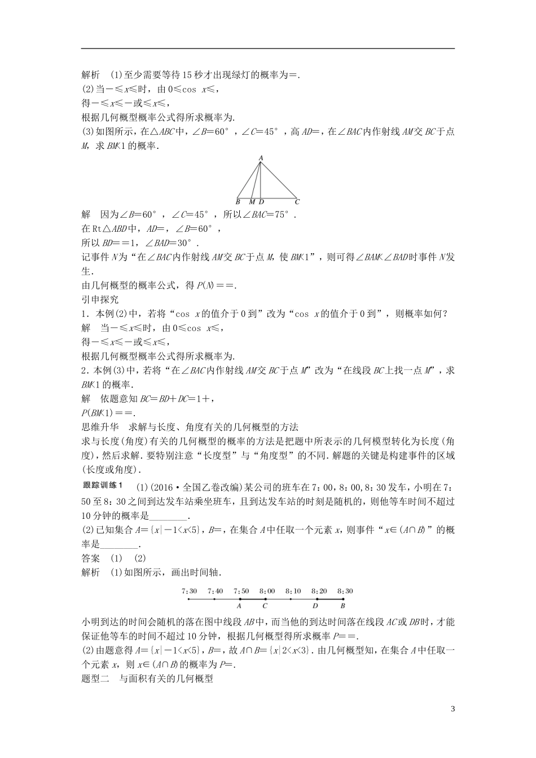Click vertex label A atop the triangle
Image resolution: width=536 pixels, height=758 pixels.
(x=261, y=158)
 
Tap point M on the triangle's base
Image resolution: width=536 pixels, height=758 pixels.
(x=252, y=201)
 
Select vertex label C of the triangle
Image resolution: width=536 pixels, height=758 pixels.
(x=297, y=201)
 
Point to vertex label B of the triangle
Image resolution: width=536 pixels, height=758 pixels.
(x=238, y=201)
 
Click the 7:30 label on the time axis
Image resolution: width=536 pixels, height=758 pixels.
(x=190, y=591)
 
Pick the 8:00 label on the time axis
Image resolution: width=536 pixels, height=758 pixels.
(x=267, y=591)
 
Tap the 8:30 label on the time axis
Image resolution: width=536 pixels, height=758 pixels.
(x=345, y=591)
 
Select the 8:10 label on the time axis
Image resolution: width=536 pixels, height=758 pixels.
(x=293, y=591)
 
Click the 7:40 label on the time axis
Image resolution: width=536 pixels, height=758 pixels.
(x=216, y=591)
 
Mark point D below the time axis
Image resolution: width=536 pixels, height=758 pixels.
(x=315, y=606)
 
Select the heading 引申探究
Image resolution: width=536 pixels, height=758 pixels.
(x=100, y=299)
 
